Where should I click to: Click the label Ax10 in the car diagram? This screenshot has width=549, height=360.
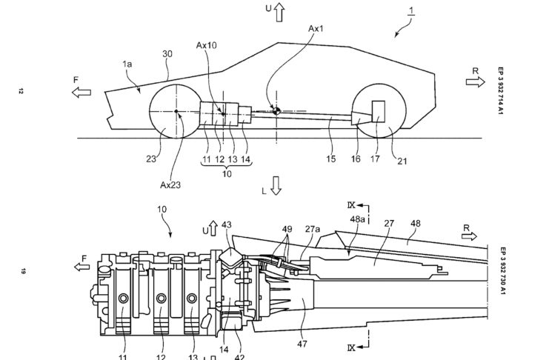(x=206, y=45)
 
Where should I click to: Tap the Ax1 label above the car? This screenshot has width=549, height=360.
(x=316, y=29)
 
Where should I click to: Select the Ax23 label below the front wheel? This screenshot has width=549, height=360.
(x=170, y=185)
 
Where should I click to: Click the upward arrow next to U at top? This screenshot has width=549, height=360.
(x=279, y=12)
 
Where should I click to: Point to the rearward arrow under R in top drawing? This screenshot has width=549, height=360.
(x=476, y=82)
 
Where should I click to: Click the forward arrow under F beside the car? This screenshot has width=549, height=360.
(x=81, y=93)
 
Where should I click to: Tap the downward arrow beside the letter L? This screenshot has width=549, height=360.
(x=276, y=186)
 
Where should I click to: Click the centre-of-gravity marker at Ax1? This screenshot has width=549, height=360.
(x=276, y=111)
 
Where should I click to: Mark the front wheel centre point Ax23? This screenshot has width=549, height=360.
(x=176, y=111)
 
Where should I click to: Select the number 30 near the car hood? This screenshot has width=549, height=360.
(x=167, y=54)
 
